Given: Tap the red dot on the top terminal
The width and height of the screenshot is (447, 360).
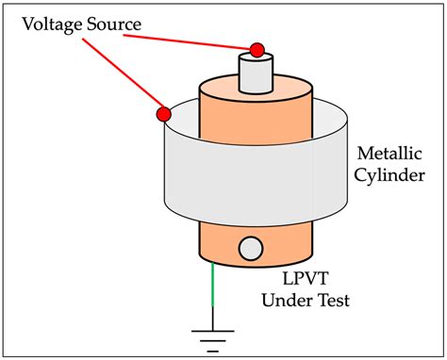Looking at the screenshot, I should coord(255,49).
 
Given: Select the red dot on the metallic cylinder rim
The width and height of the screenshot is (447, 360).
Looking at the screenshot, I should coord(163,115).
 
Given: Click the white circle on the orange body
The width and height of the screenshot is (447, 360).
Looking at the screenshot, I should coord(251,248).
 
